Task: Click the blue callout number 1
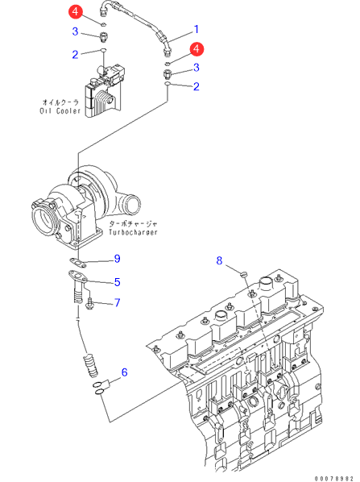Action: [197, 30]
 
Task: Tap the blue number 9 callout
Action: [117, 259]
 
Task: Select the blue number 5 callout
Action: [117, 282]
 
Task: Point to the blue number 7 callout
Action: [117, 303]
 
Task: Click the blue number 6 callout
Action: [124, 372]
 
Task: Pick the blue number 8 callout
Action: [219, 260]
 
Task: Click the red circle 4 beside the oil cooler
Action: [75, 12]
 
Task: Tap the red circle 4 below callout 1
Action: [197, 49]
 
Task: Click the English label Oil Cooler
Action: [60, 111]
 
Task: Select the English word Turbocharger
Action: [133, 232]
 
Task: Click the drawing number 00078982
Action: [334, 479]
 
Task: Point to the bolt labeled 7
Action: [89, 303]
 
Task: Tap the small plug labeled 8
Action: [243, 273]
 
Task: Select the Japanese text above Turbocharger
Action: [133, 224]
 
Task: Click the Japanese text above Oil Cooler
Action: [60, 102]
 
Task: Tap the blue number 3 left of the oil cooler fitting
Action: [75, 31]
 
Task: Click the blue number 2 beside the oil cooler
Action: [75, 55]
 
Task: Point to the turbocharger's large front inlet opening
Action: [45, 222]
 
